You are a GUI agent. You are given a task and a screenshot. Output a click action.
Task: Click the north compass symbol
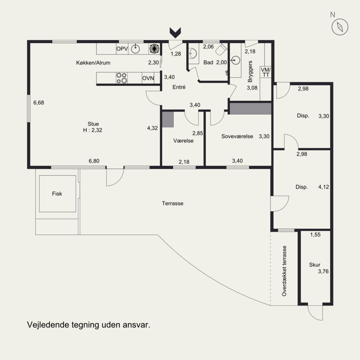[x=340, y=27]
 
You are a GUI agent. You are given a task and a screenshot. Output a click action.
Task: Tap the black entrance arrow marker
[x=175, y=32]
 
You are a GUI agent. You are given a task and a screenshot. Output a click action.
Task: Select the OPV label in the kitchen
[x=122, y=49]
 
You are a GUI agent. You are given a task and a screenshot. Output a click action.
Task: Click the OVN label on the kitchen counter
[x=148, y=78]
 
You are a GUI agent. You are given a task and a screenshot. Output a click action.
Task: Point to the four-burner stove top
[x=121, y=78]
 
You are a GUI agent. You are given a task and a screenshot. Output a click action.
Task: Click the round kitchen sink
[x=135, y=49]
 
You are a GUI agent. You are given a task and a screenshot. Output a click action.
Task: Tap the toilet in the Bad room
[x=221, y=49]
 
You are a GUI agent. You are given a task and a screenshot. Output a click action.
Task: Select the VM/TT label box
[x=265, y=72]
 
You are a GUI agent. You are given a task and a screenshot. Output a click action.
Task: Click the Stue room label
[x=93, y=124]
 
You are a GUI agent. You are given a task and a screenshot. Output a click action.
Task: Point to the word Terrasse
[x=172, y=203]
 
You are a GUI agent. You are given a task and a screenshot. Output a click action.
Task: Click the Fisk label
[x=57, y=194]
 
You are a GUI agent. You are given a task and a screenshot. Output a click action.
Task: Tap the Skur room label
[x=315, y=265]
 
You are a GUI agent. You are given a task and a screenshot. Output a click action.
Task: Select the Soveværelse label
[x=237, y=136]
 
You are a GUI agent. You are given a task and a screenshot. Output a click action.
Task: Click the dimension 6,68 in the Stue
[x=39, y=103]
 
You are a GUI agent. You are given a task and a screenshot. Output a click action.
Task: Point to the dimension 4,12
[x=324, y=187]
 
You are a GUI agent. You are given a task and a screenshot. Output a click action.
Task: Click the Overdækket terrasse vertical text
[x=284, y=271]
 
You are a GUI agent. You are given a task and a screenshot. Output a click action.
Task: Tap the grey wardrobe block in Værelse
[x=168, y=119]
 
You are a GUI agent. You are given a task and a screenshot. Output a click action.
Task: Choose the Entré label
[x=179, y=87]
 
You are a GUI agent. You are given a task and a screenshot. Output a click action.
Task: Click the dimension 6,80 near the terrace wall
[x=94, y=161]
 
